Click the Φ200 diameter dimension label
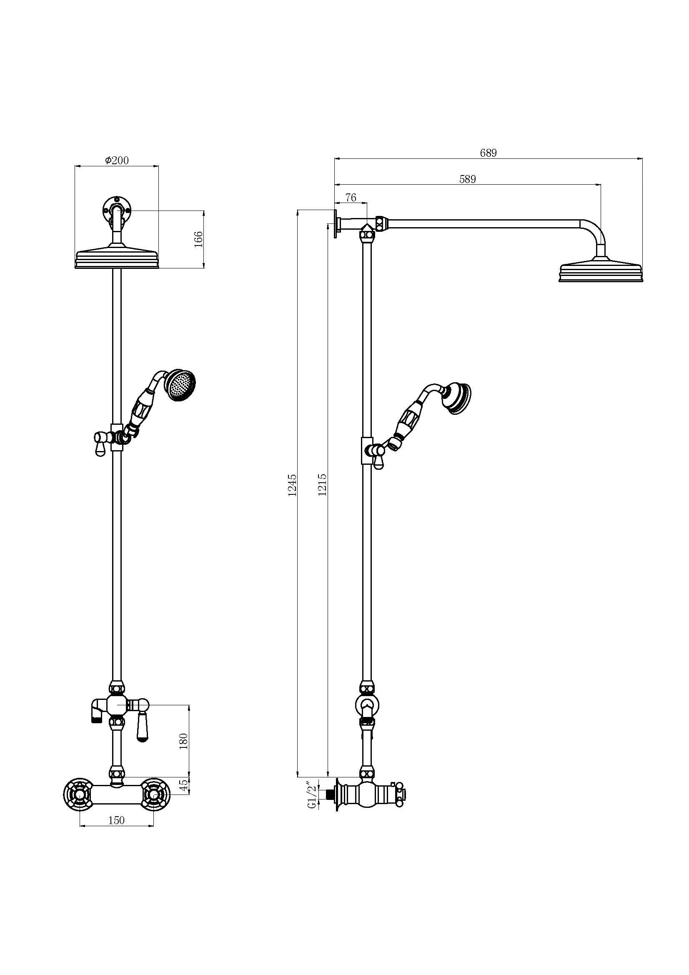[x=117, y=160]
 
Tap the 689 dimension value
[x=488, y=153]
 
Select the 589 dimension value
[x=467, y=179]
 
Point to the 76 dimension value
[x=351, y=198]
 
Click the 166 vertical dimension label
[x=198, y=239]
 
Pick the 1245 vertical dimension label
[x=292, y=485]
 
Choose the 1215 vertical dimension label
[x=322, y=485]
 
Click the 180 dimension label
[x=183, y=742]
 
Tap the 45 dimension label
[x=183, y=786]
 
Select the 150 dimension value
[x=116, y=820]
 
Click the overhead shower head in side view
[x=601, y=272]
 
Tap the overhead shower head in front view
[x=117, y=259]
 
